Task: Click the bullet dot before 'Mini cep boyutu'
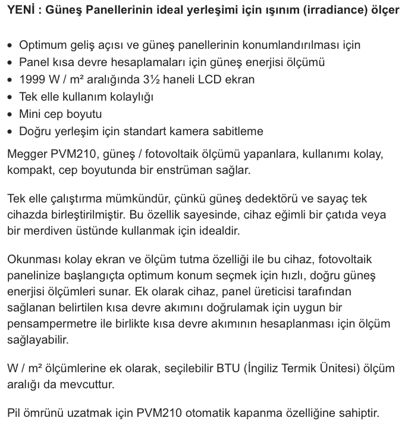pos(10,114)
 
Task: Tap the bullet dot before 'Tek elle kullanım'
pos(10,96)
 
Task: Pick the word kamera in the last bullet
pos(194,131)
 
